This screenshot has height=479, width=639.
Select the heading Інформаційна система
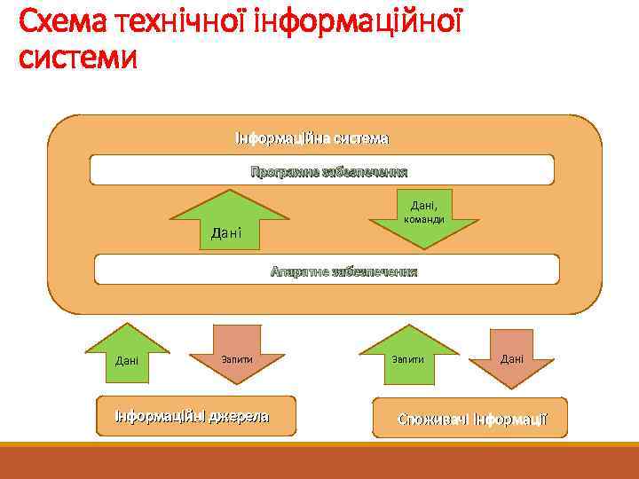312,139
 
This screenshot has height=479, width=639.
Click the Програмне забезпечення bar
322,170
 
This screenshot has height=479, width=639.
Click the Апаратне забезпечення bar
327,270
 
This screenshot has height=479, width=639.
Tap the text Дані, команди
424,212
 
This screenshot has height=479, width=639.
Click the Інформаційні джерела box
196,416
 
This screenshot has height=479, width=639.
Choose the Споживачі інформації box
469,418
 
